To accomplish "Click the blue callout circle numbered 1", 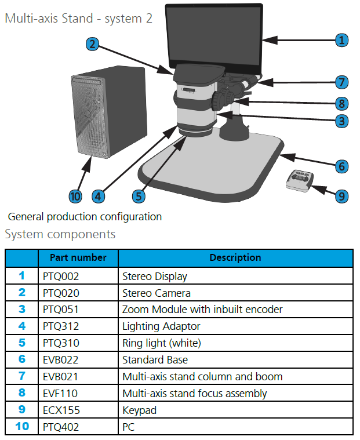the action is (x=341, y=40).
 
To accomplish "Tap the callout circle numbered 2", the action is (x=92, y=44).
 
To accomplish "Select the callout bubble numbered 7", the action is (x=341, y=82).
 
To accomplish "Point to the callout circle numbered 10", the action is (x=75, y=197).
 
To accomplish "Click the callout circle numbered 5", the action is (x=139, y=197).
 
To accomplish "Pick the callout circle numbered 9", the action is (x=341, y=196).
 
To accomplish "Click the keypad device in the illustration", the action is (x=300, y=181).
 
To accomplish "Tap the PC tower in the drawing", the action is (x=109, y=112).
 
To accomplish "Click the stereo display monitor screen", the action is (x=214, y=38).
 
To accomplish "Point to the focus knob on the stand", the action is (x=219, y=100).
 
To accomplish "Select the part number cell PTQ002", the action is (x=61, y=277).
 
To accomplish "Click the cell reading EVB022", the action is (x=61, y=360).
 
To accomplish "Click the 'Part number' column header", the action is (x=78, y=257).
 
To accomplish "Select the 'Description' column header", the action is (x=235, y=257).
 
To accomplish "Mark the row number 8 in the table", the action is (x=22, y=393).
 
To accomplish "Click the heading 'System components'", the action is (x=60, y=234).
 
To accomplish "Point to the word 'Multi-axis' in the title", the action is (x=31, y=19).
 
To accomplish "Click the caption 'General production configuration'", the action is (x=85, y=217).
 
